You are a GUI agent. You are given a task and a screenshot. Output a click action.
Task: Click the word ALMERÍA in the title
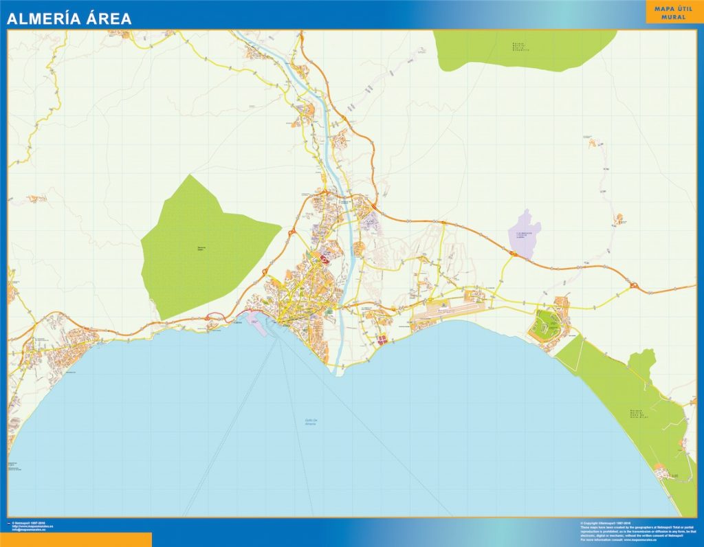tap(39, 19)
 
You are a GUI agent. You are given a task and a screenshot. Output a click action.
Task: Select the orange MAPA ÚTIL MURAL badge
tap(673, 12)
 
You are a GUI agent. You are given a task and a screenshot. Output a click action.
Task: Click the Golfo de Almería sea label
tap(316, 423)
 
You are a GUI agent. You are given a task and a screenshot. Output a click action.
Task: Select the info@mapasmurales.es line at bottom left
tap(31, 529)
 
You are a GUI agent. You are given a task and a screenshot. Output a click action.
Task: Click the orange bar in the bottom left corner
tap(76, 540)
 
